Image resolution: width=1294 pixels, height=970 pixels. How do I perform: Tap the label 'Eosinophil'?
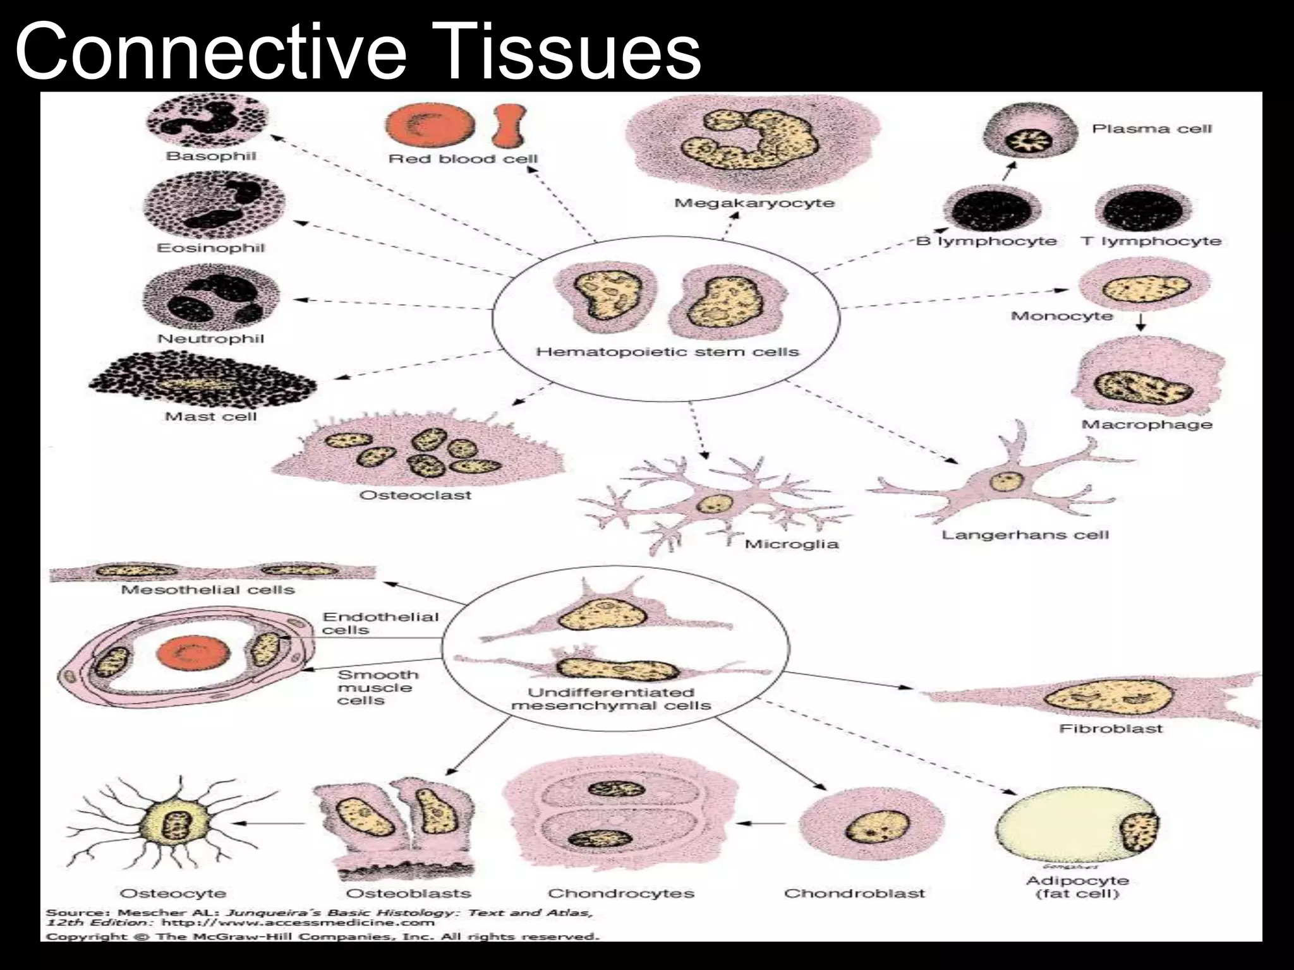210,248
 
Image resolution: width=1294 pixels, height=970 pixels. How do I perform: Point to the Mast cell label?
210,417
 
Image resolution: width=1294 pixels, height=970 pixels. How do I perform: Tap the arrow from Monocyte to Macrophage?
1140,323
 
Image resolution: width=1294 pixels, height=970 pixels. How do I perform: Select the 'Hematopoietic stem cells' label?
667,352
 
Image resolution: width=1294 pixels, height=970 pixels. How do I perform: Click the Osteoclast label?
415,495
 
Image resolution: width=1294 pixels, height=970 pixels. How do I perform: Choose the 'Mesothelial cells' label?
208,590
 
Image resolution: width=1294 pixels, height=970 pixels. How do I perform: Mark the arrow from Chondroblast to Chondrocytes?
761,823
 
